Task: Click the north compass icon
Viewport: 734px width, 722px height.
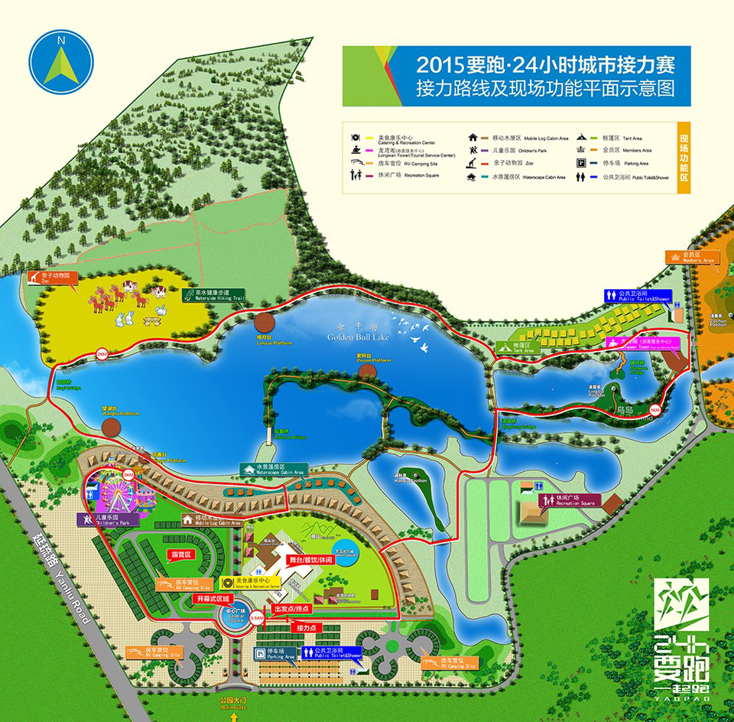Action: point(61,60)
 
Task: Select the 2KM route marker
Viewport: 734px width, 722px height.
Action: point(102,353)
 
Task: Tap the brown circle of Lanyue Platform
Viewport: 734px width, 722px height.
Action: point(265,324)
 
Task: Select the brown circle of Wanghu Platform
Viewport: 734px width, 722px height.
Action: point(112,428)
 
